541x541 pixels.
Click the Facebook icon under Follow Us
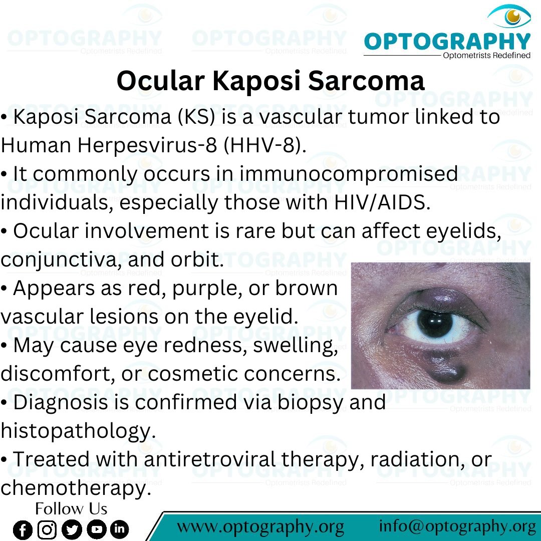tap(23, 529)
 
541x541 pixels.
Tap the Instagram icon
tap(47, 529)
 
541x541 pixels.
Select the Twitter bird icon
tap(72, 529)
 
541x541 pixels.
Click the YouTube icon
tap(96, 529)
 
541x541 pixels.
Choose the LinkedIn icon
tap(119, 529)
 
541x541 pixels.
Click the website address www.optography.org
tap(260, 527)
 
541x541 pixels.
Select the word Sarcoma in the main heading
tap(366, 81)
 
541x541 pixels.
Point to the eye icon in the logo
tap(509, 16)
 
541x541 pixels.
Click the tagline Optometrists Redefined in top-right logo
tap(486, 55)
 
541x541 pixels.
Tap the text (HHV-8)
tap(264, 145)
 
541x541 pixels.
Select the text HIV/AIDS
tap(382, 202)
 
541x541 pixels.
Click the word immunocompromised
tap(349, 174)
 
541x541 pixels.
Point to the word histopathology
tap(78, 431)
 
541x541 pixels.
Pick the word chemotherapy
tap(76, 488)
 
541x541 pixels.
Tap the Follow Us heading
tap(71, 508)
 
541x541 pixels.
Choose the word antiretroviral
tap(209, 459)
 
